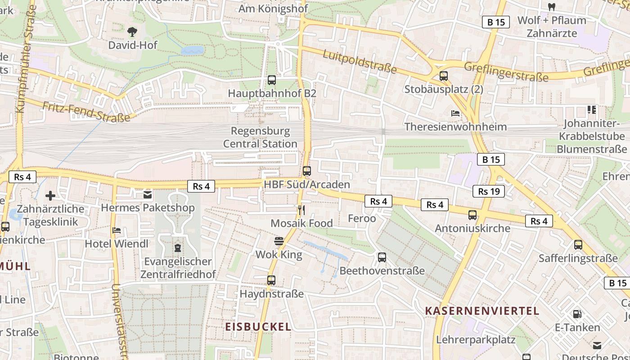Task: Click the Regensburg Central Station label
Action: click(x=260, y=138)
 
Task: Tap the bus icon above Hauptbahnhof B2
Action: click(x=272, y=80)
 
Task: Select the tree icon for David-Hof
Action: click(x=132, y=31)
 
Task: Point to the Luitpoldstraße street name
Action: click(x=360, y=62)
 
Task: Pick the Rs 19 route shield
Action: click(x=489, y=191)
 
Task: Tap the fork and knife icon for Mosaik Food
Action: click(x=301, y=210)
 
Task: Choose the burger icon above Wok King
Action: click(x=279, y=241)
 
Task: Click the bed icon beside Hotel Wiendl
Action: click(x=117, y=230)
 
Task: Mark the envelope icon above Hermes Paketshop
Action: click(x=148, y=194)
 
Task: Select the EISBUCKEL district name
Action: click(x=258, y=327)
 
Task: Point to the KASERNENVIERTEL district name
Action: click(x=482, y=311)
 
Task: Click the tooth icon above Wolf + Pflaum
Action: click(x=552, y=7)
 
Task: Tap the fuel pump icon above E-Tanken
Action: click(x=577, y=314)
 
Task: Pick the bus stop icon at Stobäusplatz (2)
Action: click(x=444, y=76)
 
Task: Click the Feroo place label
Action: click(x=362, y=219)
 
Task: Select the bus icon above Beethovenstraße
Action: click(x=382, y=257)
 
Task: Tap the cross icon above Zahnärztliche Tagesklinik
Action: click(x=50, y=196)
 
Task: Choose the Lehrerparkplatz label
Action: click(x=476, y=340)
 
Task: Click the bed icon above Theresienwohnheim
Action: click(x=455, y=113)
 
